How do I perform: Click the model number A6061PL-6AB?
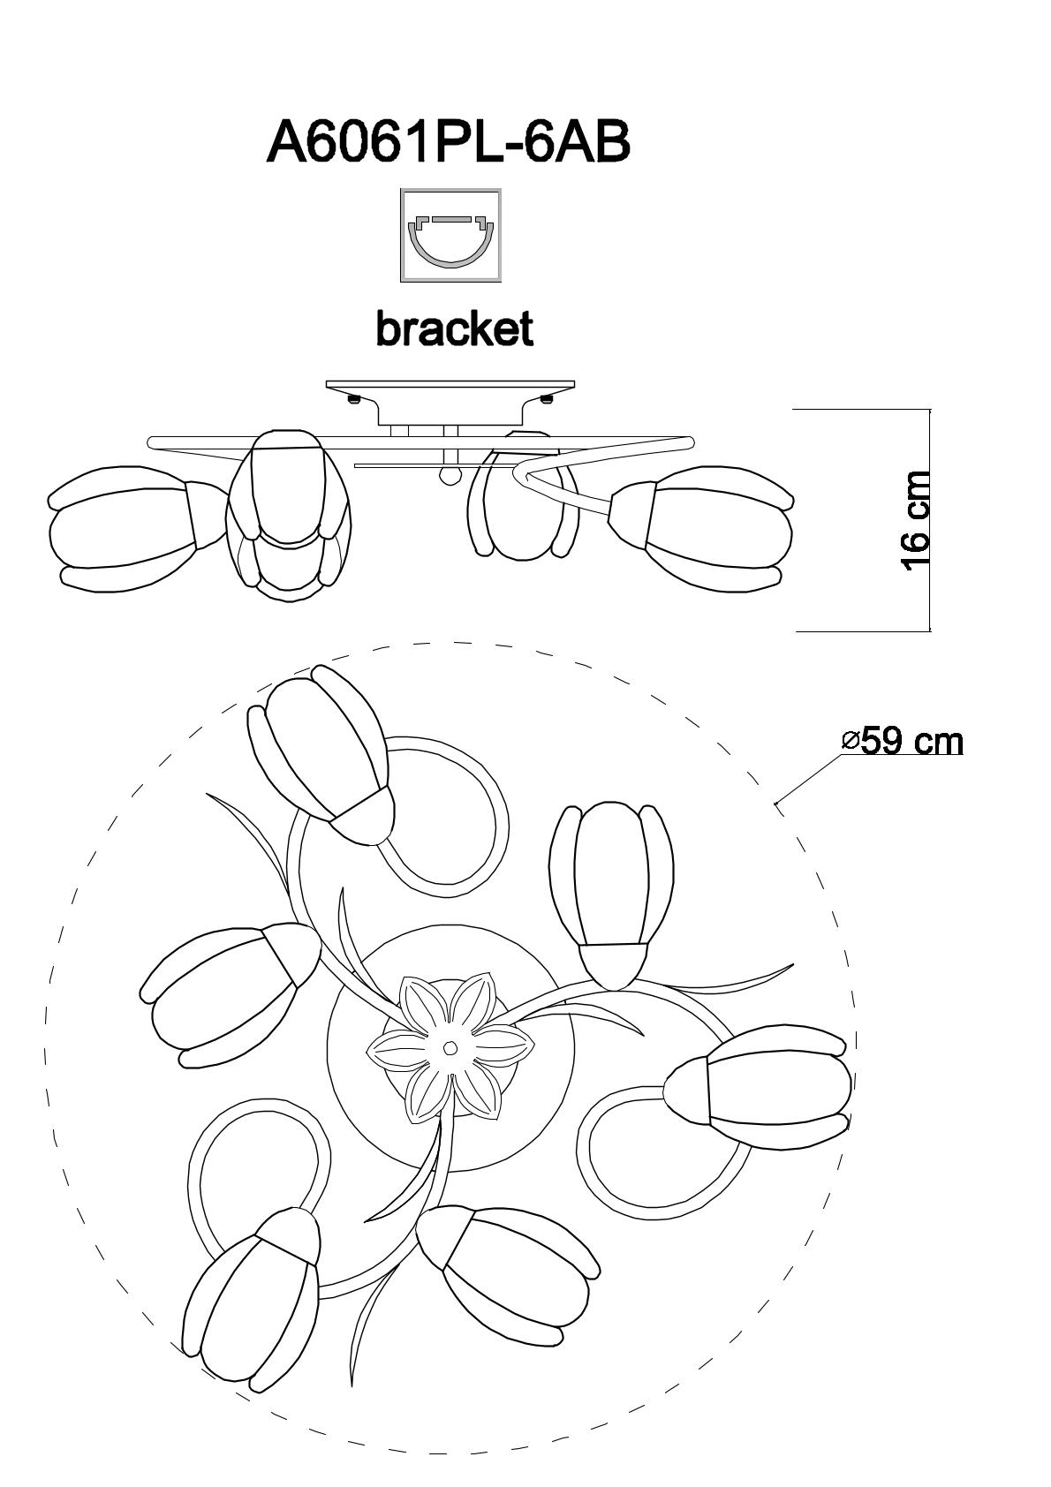449,142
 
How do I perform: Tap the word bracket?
454,329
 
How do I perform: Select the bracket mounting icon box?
450,235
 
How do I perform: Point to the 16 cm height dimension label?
917,521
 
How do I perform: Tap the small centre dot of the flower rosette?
450,1048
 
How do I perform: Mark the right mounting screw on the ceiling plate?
546,399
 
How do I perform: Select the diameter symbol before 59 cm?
851,741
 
